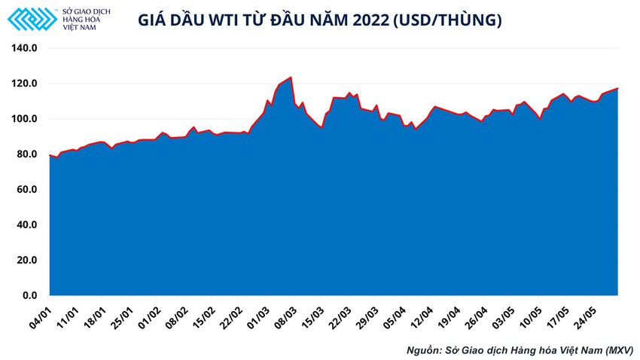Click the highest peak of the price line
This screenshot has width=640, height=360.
[291, 77]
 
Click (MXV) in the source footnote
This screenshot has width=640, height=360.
[614, 350]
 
